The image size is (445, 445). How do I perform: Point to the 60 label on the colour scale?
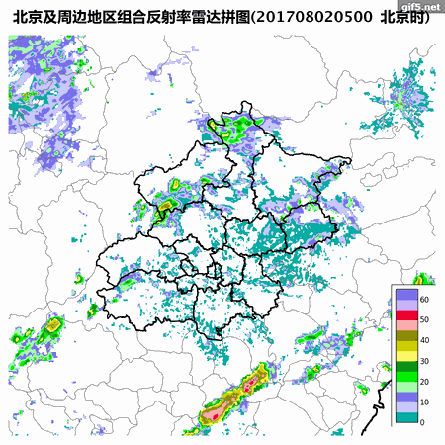tap(424, 299)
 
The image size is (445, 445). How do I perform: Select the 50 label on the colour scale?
tap(424, 319)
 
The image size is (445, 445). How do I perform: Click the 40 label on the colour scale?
tap(424, 340)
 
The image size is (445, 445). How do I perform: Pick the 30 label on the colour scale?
tap(424, 361)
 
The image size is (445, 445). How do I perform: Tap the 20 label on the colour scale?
tap(424, 382)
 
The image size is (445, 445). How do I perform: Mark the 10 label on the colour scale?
tap(424, 402)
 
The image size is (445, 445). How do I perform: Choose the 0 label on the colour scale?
tap(422, 422)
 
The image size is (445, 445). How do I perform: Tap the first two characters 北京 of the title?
tap(25, 17)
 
